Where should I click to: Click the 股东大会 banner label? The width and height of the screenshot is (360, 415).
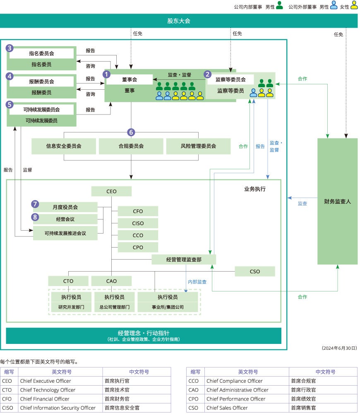179,21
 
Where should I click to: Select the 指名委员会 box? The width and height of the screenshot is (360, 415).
41,53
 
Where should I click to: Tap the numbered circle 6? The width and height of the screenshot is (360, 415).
131,132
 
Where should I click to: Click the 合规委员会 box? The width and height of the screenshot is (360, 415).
131,146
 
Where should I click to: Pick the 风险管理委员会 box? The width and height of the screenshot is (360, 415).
198,146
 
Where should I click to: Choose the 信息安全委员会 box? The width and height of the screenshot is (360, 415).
64,146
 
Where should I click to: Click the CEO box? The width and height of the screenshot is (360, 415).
111,191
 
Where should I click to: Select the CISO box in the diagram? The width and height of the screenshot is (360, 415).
138,223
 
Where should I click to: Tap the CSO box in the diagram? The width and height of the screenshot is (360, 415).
255,272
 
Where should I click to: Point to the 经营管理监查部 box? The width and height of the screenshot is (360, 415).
184,260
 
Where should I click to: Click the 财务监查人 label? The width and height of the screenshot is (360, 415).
337,202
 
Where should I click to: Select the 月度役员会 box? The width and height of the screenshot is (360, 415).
65,207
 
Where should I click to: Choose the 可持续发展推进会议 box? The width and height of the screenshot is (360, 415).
65,233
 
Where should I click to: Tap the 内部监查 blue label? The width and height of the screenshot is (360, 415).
197,282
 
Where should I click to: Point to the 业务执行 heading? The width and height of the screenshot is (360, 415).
255,189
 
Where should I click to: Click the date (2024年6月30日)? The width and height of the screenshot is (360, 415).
339,348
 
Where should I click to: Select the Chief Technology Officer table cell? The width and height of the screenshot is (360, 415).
48,390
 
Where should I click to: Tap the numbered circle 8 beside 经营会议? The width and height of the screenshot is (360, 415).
36,217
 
